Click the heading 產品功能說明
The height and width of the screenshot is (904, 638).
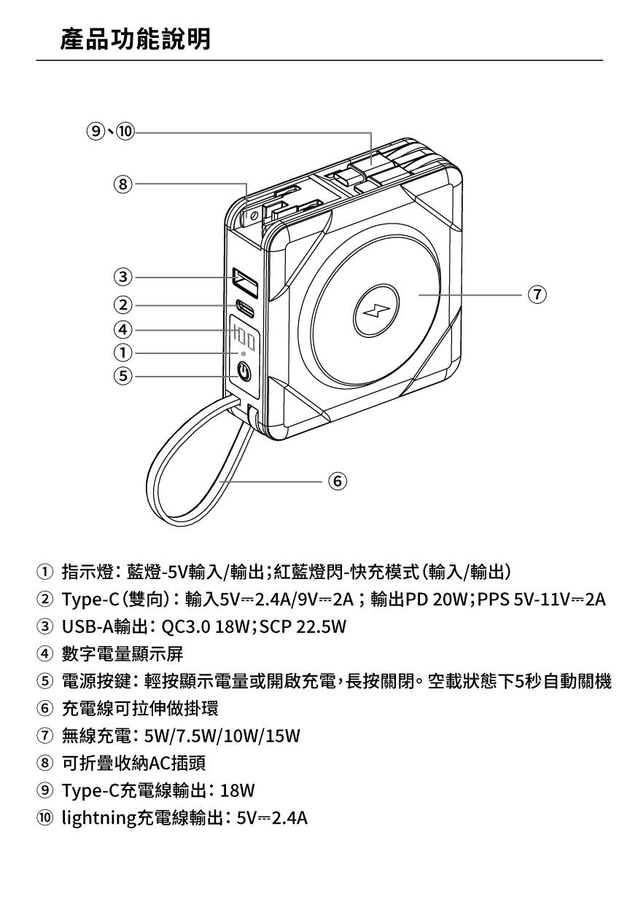136,39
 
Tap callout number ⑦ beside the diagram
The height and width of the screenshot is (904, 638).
537,294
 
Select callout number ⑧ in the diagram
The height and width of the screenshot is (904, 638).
123,184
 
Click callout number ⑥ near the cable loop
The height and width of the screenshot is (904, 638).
338,481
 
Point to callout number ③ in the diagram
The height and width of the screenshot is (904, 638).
123,277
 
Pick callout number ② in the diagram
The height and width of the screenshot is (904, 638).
123,304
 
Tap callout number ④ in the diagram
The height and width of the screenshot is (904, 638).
123,330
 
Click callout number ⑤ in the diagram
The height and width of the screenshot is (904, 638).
123,376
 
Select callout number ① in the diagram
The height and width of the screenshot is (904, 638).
123,353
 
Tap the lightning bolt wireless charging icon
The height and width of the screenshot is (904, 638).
376,311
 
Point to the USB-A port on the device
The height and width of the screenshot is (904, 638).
245,283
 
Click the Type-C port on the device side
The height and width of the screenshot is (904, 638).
245,308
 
